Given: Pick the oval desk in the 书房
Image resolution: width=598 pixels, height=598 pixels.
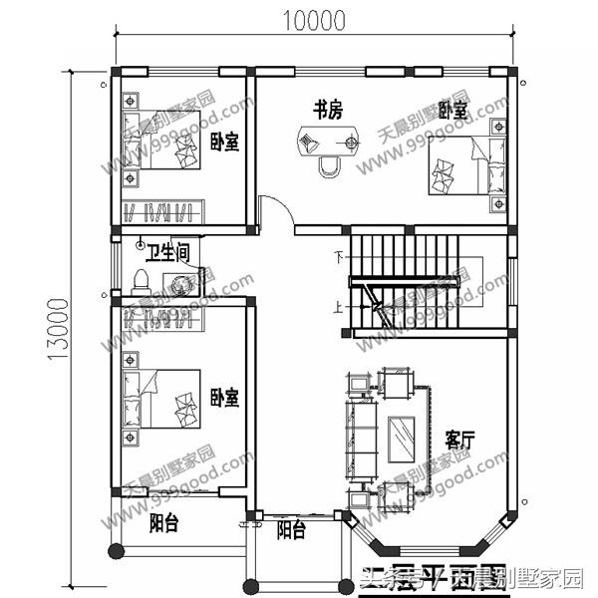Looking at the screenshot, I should pyautogui.click(x=326, y=143).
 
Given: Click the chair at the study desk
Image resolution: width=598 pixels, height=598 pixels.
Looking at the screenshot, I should pyautogui.click(x=328, y=165).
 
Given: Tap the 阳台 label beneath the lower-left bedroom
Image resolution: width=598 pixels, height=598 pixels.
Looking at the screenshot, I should pyautogui.click(x=165, y=522).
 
